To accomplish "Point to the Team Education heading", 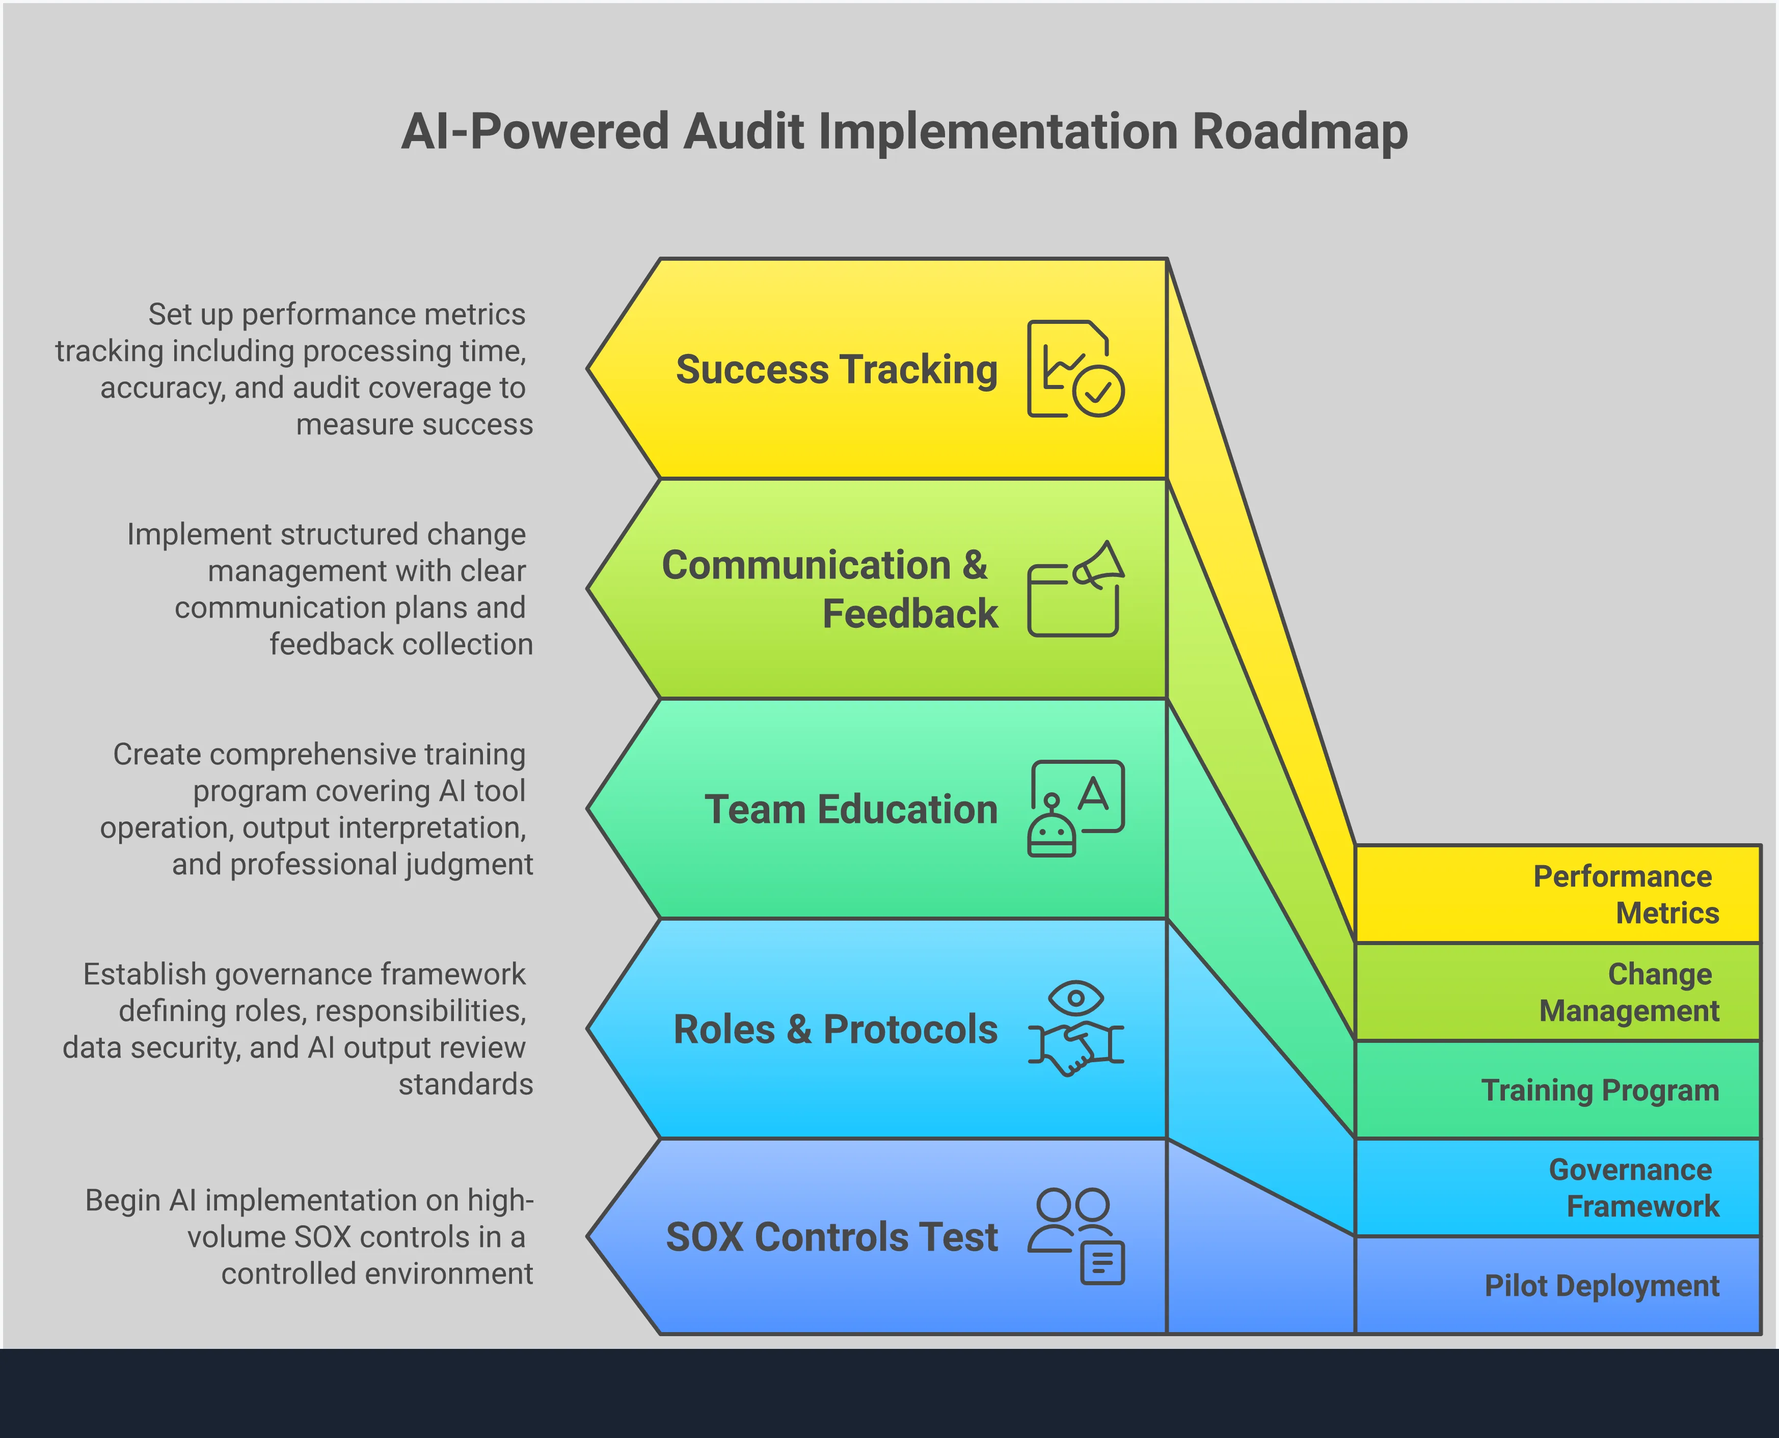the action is tap(851, 809).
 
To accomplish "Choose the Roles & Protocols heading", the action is tap(835, 1030).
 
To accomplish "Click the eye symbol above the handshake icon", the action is tap(1075, 998).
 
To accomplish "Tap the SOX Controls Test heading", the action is tap(832, 1237).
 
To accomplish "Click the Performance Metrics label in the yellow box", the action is tap(1625, 895).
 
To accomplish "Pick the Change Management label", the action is tap(1628, 992).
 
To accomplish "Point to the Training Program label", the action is tap(1599, 1090).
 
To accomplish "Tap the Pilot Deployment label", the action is tap(1601, 1286).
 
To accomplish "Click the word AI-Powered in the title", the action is tap(534, 132).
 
